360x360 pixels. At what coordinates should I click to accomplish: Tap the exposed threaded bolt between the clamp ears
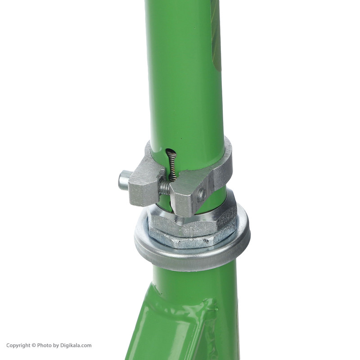pyautogui.click(x=164, y=186)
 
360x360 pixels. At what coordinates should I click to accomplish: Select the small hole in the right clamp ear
pyautogui.click(x=202, y=194)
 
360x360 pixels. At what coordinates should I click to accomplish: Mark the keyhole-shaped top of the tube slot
pyautogui.click(x=171, y=153)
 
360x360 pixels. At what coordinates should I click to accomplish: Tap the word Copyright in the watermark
pyautogui.click(x=18, y=345)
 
